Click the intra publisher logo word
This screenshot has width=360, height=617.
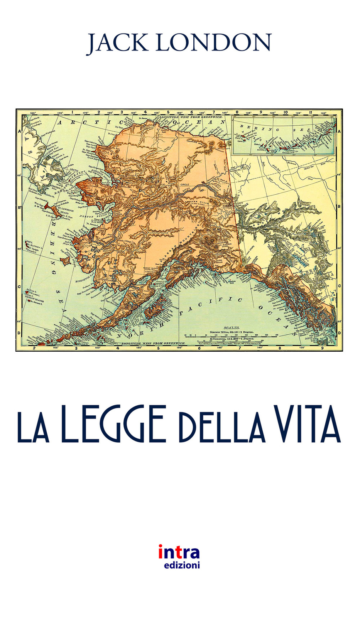click(179, 553)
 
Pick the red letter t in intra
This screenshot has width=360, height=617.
click(176, 553)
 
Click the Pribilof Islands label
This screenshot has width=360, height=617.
click(35, 300)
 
